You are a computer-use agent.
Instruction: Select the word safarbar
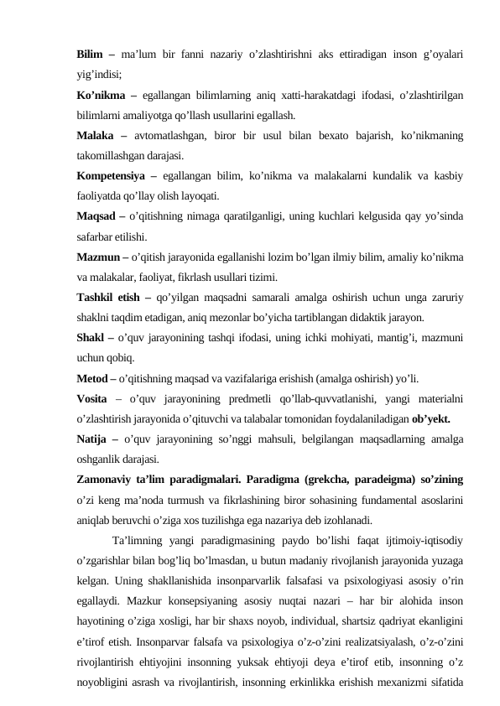[x=94, y=236]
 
